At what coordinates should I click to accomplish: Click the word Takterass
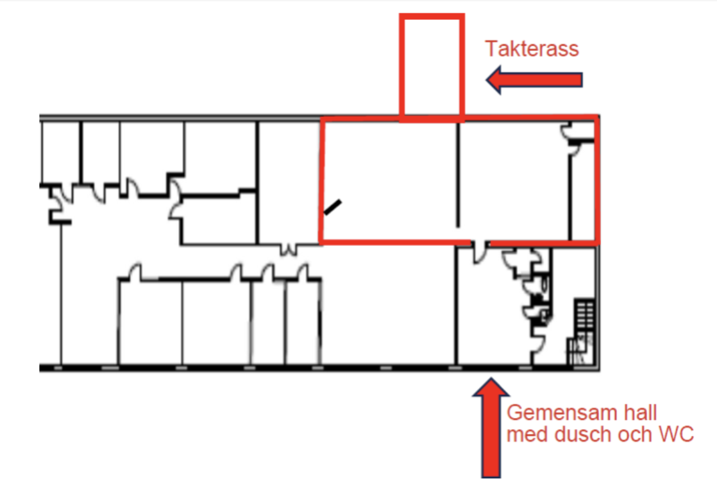(x=532, y=49)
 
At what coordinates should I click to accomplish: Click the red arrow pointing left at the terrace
(x=534, y=80)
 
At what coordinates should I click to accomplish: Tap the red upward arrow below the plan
(x=491, y=428)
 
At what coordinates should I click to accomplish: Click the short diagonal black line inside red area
(x=332, y=207)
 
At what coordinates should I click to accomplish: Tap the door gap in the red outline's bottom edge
(x=480, y=243)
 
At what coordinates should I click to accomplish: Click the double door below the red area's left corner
(x=288, y=250)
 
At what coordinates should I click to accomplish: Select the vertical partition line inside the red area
(x=458, y=175)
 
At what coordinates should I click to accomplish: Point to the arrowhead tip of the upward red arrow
(x=491, y=378)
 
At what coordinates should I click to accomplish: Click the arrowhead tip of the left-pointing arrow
(x=486, y=80)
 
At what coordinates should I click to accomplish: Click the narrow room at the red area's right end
(x=582, y=192)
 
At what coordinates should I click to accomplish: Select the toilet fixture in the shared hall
(x=544, y=284)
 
